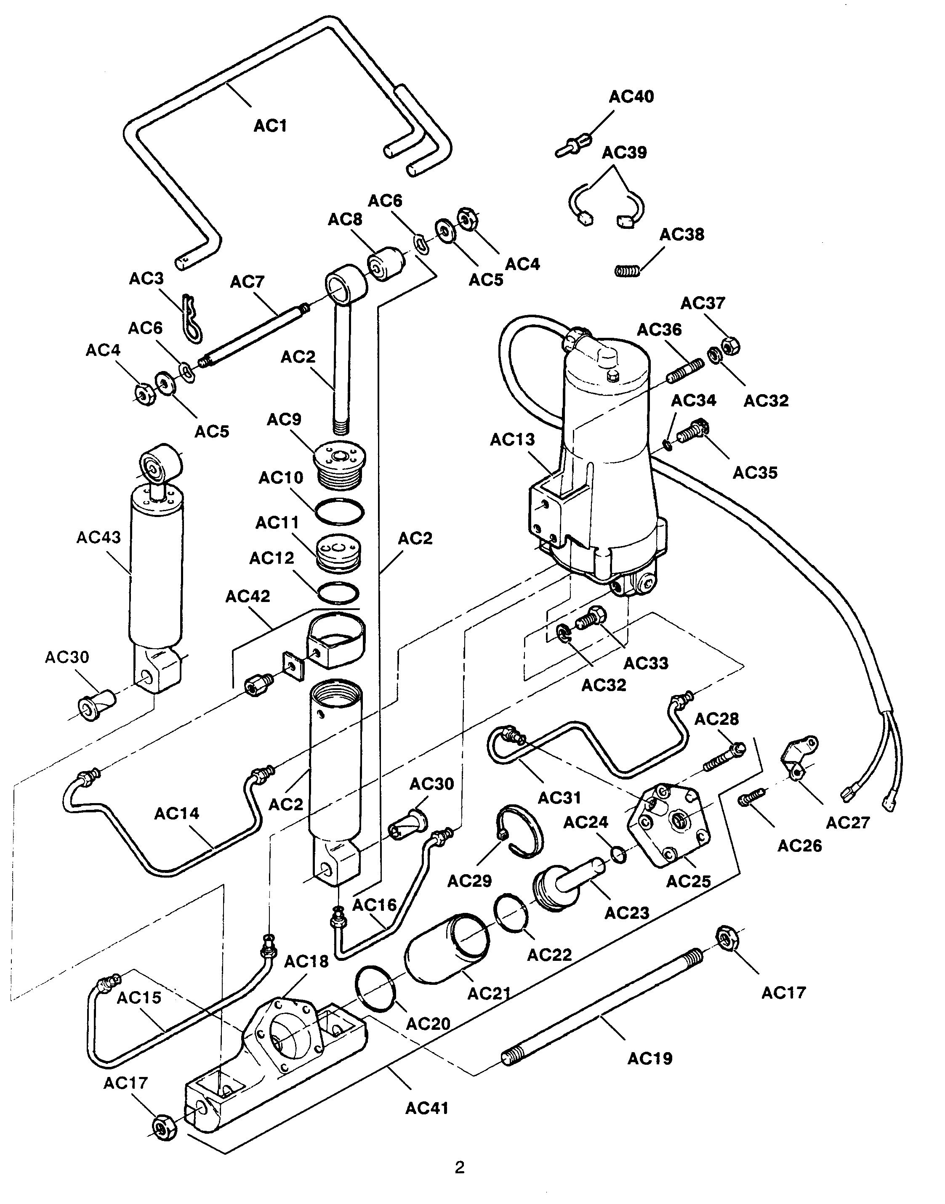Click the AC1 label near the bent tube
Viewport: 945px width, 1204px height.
(x=271, y=126)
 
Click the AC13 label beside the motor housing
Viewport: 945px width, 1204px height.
(x=512, y=440)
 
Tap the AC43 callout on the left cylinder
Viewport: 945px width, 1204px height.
(x=98, y=537)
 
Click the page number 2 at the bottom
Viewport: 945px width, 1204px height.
(x=459, y=1167)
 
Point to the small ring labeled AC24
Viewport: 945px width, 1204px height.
(x=619, y=855)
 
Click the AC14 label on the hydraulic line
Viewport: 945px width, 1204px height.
(x=176, y=813)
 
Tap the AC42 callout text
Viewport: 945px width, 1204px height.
(x=248, y=596)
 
